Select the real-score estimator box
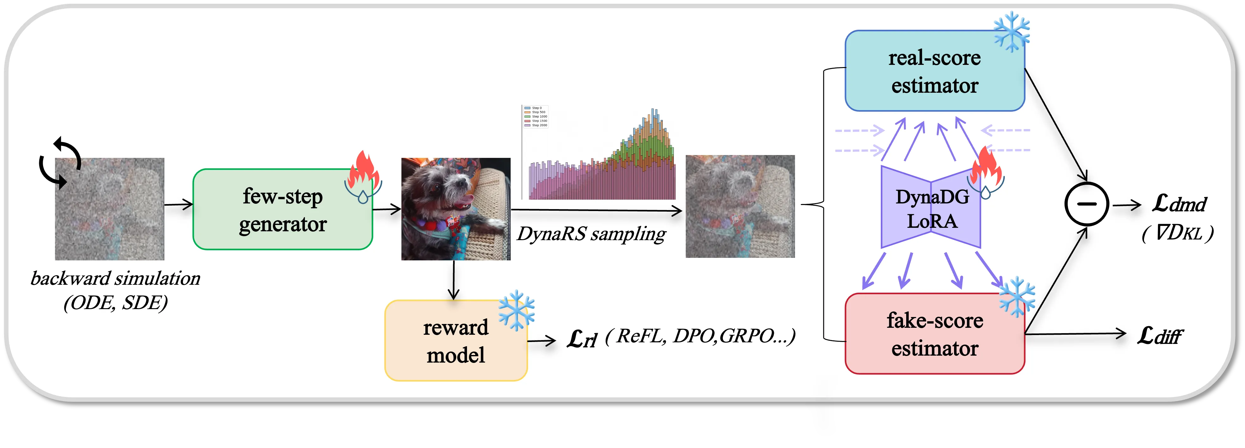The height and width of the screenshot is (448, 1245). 934,71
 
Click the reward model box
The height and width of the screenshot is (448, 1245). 455,341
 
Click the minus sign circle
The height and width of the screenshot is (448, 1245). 1086,204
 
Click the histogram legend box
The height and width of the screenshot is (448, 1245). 535,116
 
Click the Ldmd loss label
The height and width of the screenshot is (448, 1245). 1179,204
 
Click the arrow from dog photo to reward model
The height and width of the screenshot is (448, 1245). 453,280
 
